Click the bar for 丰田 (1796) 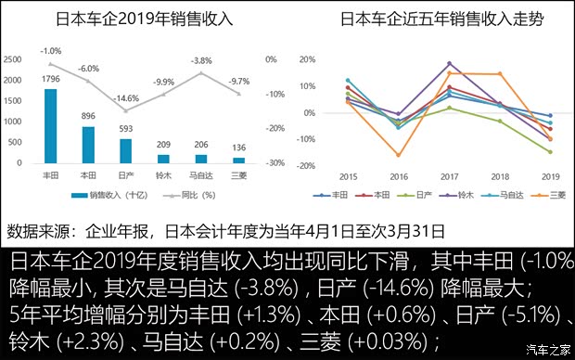pyautogui.click(x=50, y=125)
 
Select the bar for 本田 pyautogui.click(x=88, y=145)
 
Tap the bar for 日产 pyautogui.click(x=126, y=150)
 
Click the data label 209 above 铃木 pyautogui.click(x=164, y=145)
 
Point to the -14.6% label pyautogui.click(x=127, y=98)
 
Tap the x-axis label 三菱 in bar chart pyautogui.click(x=240, y=174)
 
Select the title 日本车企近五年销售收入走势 pyautogui.click(x=429, y=19)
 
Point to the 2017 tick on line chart pyautogui.click(x=449, y=175)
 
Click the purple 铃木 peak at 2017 pyautogui.click(x=449, y=63)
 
